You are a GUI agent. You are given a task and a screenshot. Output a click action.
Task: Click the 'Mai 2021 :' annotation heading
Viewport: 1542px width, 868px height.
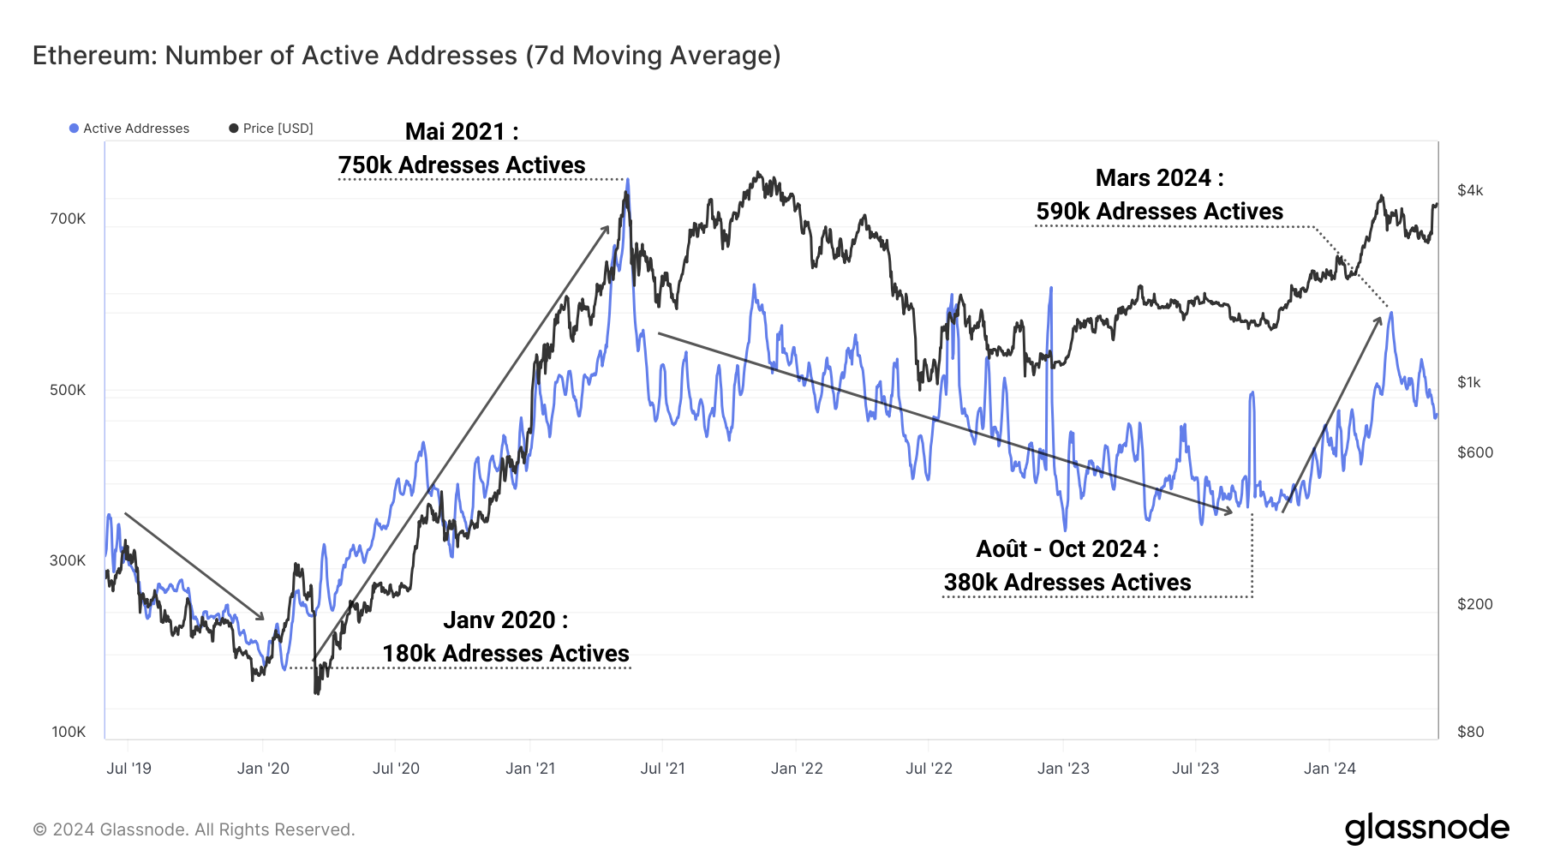click(x=461, y=131)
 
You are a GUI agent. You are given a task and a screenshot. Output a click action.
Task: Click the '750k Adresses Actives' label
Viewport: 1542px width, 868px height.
click(x=461, y=165)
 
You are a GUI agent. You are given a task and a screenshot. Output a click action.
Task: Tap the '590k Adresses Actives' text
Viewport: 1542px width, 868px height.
click(x=1159, y=211)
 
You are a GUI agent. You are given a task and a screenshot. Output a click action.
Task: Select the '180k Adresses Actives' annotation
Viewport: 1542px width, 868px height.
click(x=505, y=653)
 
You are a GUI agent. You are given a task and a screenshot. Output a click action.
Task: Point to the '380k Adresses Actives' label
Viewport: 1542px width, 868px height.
click(x=1067, y=582)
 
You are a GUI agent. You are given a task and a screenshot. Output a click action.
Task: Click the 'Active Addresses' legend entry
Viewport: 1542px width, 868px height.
click(x=129, y=129)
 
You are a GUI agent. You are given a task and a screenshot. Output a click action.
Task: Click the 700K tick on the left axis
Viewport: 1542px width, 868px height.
click(x=68, y=218)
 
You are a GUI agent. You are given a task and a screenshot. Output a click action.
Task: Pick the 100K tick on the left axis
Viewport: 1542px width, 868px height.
click(x=69, y=732)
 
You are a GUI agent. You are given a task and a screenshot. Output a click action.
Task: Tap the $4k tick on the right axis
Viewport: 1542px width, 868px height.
click(x=1470, y=190)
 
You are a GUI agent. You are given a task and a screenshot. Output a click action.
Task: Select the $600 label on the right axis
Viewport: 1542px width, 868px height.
click(x=1474, y=452)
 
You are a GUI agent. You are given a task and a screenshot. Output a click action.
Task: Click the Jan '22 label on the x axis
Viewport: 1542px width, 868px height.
click(x=796, y=769)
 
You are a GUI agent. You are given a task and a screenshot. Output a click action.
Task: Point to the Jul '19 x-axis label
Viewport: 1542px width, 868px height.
click(x=128, y=769)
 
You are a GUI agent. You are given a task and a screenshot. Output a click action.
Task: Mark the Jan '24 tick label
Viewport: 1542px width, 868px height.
click(x=1329, y=769)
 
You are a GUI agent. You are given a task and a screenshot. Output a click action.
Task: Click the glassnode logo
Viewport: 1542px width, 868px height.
click(x=1426, y=829)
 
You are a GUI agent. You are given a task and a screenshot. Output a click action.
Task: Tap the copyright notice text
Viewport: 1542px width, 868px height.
click(x=194, y=829)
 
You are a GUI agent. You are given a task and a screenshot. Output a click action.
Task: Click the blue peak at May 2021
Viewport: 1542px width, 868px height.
click(x=627, y=181)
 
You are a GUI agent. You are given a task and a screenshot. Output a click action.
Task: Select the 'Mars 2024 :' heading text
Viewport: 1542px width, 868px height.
click(x=1159, y=177)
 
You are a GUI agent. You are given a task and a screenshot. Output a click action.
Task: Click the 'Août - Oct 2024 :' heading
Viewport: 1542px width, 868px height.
click(x=1067, y=548)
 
